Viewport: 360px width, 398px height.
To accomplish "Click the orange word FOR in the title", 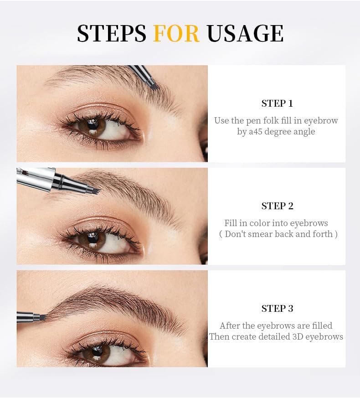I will point(176,34).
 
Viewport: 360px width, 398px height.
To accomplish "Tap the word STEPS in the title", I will point(112,34).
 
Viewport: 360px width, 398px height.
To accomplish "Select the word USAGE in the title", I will point(245,34).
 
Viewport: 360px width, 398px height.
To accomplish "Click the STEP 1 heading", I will point(277,103).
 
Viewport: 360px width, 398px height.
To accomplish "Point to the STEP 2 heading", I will point(277,206).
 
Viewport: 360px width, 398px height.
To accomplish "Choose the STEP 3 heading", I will point(277,309).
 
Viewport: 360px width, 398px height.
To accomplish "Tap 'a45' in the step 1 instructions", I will point(256,132).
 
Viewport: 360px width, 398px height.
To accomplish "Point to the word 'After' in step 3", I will point(230,326).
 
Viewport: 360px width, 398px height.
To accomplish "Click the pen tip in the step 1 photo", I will point(153,85).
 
